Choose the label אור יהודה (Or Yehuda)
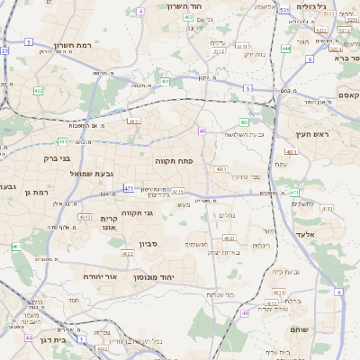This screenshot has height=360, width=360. (101, 277)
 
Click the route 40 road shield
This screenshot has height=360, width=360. (202, 131)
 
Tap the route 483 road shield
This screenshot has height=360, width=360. (221, 168)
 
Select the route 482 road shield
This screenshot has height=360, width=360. (38, 91)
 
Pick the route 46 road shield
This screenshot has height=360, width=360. (245, 313)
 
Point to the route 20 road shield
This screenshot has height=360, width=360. (4, 51)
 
